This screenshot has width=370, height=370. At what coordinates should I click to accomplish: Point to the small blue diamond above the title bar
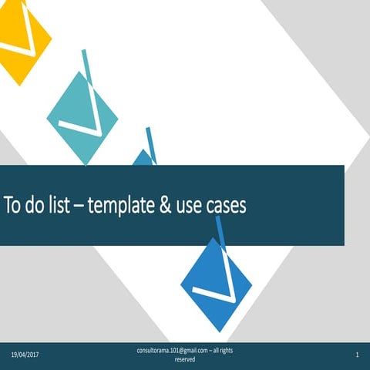click(143, 158)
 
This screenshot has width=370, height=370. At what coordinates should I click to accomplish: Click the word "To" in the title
click(13, 207)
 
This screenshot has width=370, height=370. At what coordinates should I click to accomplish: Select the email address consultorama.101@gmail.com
click(169, 351)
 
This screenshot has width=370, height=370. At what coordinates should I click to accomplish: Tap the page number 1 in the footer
click(358, 355)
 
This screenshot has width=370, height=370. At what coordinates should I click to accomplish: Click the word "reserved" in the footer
click(185, 359)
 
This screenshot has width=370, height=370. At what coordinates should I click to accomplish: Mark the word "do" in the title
click(37, 207)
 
